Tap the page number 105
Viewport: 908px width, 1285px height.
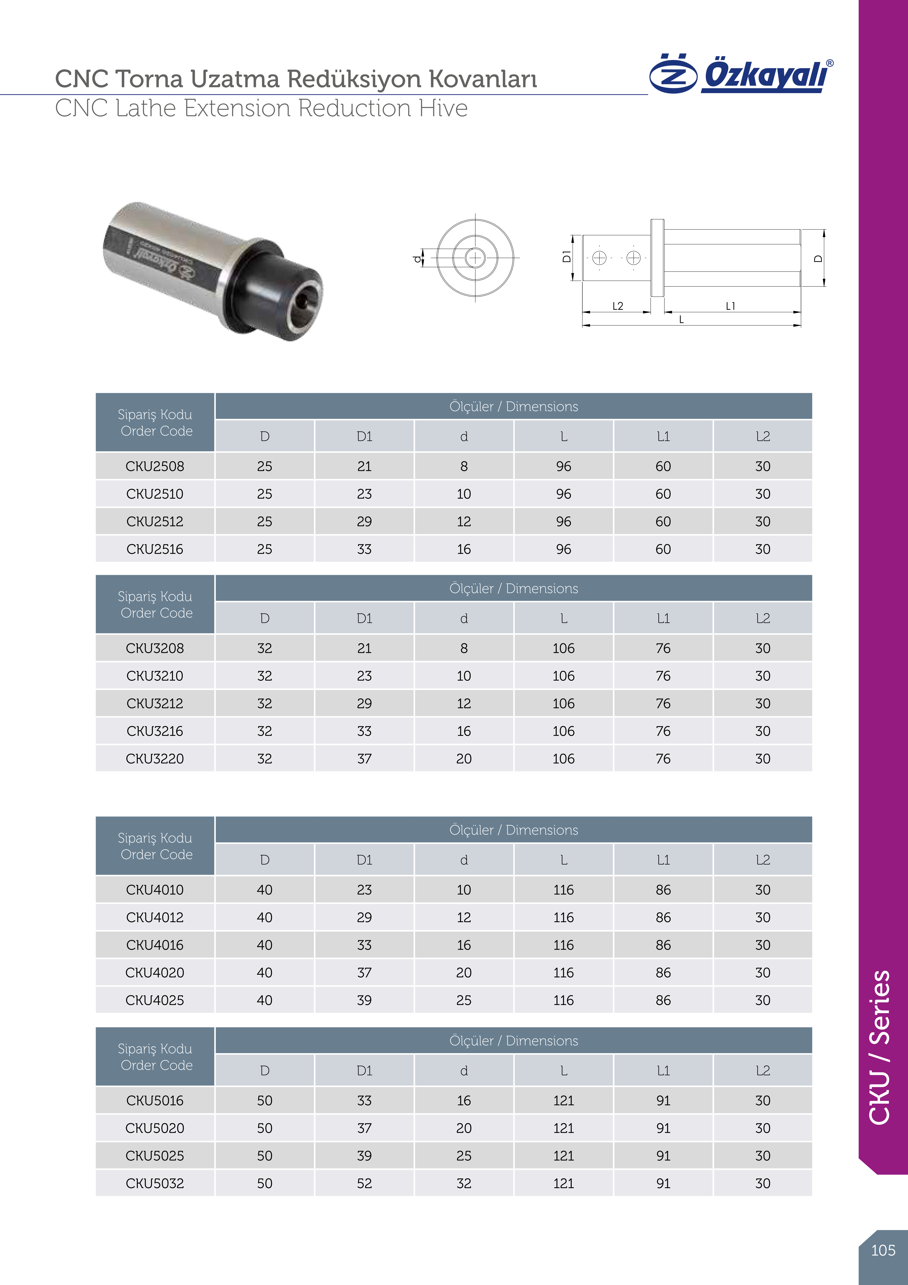point(883,1250)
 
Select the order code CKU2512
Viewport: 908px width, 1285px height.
point(155,522)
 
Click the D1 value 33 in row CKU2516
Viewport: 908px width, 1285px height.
point(364,549)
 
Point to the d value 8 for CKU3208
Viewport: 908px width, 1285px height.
point(464,648)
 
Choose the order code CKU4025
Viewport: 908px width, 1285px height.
point(155,1000)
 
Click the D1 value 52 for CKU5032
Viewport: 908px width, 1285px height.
point(364,1183)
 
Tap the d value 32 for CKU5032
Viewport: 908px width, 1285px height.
point(464,1183)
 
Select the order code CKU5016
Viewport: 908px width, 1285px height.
point(155,1100)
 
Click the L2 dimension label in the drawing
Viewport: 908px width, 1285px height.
point(618,306)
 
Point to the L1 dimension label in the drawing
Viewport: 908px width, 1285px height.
point(731,306)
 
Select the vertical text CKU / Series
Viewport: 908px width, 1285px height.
point(880,1047)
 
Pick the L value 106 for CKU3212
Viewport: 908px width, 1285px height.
point(563,703)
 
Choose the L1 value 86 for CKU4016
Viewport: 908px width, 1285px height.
point(663,945)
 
